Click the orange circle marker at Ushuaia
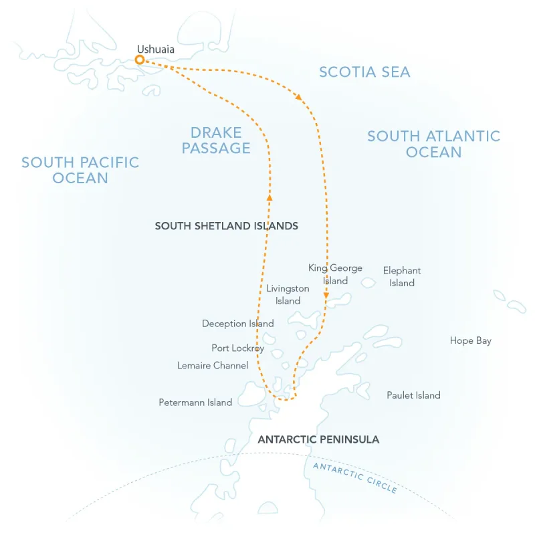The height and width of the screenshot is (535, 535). (x=140, y=60)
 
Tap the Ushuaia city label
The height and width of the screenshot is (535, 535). (x=156, y=49)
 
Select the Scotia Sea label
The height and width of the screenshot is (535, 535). (x=364, y=72)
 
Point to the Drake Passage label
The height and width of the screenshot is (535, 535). (x=216, y=140)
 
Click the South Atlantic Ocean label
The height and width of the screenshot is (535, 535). (x=433, y=144)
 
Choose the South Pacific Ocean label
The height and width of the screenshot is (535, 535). (x=80, y=170)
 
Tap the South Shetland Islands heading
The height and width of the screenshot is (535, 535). (x=226, y=226)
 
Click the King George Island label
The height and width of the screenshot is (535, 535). (x=335, y=274)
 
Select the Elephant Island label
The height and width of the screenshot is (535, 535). (x=402, y=276)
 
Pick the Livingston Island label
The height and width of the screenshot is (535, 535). (x=288, y=294)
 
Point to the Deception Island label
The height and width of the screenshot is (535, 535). (x=237, y=324)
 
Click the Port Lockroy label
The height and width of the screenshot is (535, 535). (x=237, y=348)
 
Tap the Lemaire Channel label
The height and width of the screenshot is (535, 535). (x=213, y=366)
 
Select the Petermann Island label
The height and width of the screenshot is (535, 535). (x=195, y=403)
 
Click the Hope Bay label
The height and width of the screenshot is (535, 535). (x=470, y=341)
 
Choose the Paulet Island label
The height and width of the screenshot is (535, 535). (x=413, y=395)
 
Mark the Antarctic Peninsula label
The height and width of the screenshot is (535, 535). (x=318, y=439)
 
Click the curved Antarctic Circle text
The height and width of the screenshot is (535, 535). (x=354, y=477)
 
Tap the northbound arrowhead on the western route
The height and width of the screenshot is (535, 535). (x=270, y=197)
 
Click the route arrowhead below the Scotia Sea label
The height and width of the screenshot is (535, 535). (x=299, y=98)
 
